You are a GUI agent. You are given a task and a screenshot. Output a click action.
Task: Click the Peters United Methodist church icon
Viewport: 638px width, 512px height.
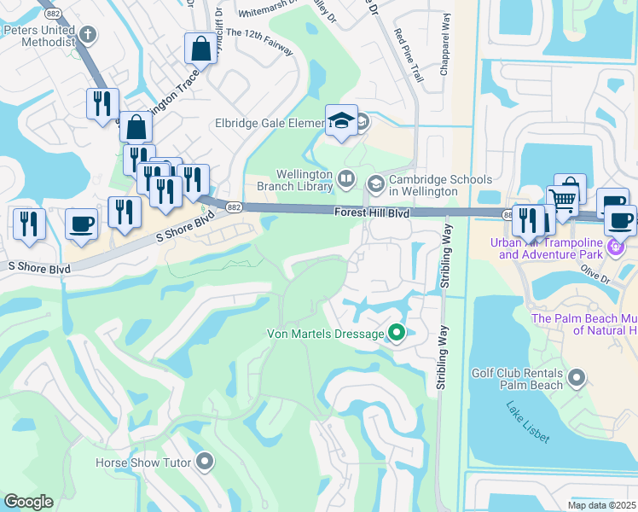click(x=88, y=35)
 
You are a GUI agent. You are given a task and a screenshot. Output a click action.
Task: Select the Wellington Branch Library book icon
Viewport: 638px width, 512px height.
click(x=345, y=179)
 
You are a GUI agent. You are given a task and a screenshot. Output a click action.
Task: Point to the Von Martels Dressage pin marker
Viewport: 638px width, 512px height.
click(x=396, y=334)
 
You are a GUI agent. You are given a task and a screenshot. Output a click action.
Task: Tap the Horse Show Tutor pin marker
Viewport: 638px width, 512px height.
click(x=204, y=463)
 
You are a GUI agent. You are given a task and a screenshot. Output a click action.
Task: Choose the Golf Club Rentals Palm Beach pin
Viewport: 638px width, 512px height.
click(x=577, y=377)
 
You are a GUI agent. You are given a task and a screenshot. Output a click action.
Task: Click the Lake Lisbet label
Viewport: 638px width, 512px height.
click(x=528, y=422)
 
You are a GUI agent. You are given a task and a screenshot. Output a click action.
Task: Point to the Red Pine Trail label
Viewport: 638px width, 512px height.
click(x=409, y=55)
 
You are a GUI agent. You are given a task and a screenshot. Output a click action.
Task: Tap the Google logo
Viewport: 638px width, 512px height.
click(x=28, y=502)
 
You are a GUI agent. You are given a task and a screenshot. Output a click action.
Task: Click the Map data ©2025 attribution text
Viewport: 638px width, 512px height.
click(x=600, y=505)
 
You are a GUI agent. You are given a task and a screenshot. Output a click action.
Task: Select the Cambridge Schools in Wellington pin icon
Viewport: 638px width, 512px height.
click(x=375, y=183)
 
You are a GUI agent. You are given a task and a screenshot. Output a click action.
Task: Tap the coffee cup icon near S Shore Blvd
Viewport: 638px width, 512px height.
click(x=82, y=224)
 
